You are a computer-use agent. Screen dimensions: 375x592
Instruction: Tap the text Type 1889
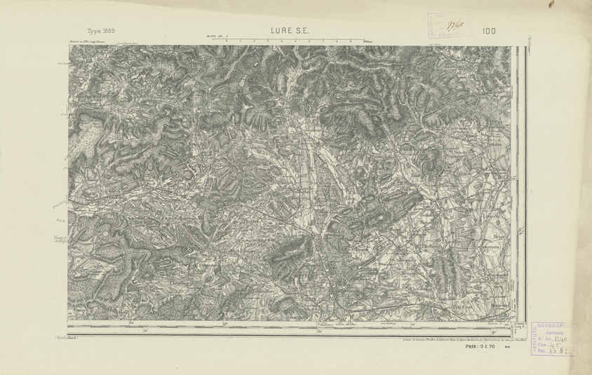[100, 31]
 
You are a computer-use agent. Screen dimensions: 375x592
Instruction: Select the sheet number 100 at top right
[489, 31]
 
